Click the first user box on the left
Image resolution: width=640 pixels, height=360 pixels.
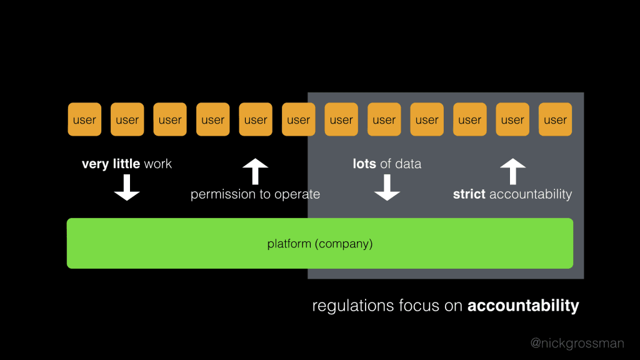click(84, 119)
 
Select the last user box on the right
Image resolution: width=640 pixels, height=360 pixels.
click(555, 119)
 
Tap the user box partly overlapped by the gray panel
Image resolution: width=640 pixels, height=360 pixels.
click(298, 119)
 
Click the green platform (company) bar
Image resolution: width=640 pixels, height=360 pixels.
click(320, 243)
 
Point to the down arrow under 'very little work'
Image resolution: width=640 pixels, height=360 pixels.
click(127, 187)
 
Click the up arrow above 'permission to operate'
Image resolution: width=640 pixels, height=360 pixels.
click(255, 172)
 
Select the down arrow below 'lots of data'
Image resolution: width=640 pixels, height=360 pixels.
click(387, 187)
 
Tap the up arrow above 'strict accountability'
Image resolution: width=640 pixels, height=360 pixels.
click(512, 172)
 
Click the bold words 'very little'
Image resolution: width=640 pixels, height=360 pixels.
click(111, 164)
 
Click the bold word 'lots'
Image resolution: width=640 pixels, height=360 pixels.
click(364, 164)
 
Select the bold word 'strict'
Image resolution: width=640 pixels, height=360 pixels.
click(469, 194)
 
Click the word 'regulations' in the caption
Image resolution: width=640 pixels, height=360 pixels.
click(353, 306)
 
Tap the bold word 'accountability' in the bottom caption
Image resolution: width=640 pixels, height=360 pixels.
click(523, 306)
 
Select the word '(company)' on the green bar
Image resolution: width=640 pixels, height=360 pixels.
click(344, 244)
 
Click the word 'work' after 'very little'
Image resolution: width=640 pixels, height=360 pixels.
click(157, 164)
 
